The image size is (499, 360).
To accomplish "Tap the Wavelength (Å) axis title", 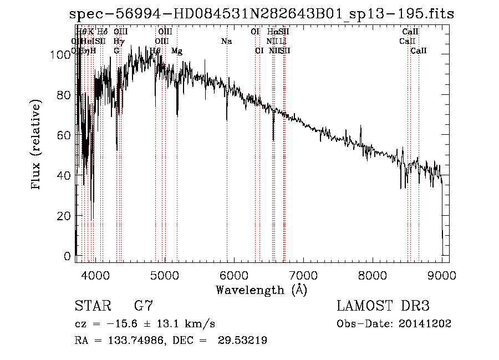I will click(261, 290).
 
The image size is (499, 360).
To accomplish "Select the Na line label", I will click(226, 41).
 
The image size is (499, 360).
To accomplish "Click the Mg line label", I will click(177, 51).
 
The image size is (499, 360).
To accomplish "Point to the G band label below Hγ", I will click(116, 51).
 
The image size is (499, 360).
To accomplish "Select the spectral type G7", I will click(143, 306).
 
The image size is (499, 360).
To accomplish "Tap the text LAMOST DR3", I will click(383, 306).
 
